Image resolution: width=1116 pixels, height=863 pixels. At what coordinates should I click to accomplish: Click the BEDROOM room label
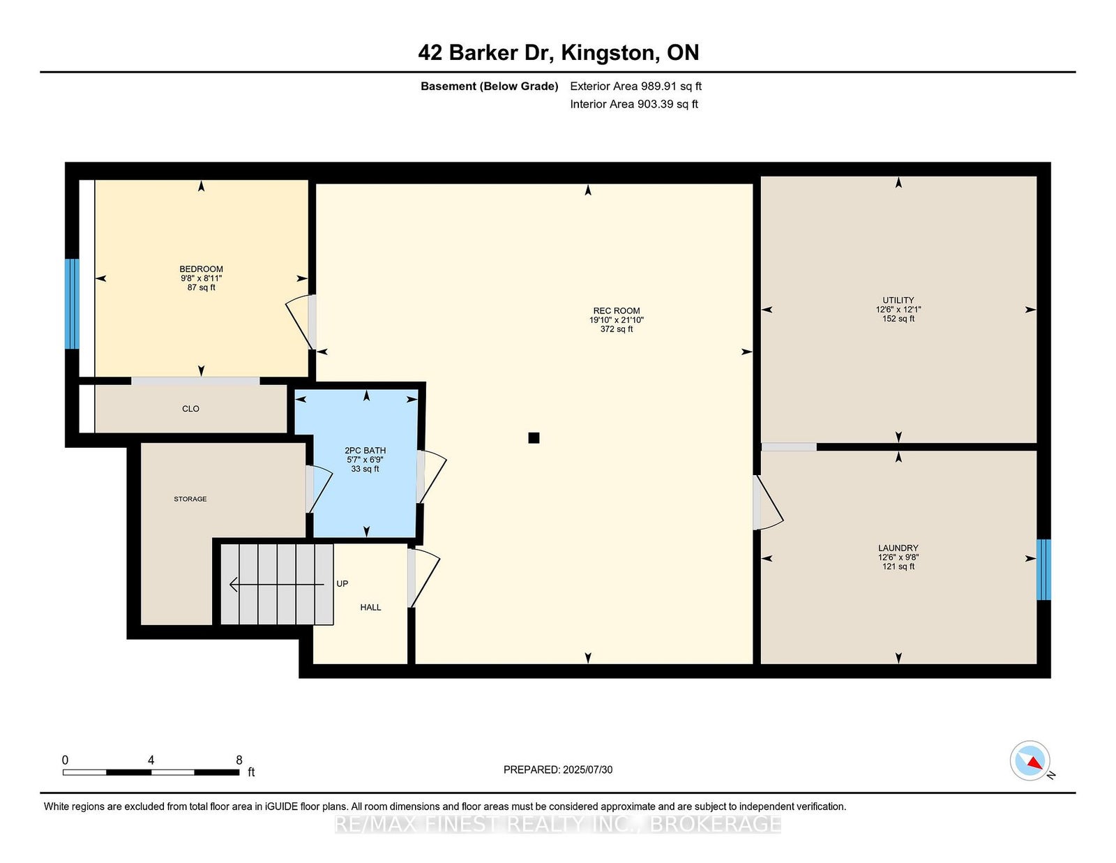point(201,269)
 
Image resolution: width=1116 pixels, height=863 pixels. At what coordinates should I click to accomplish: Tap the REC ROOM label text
point(617,310)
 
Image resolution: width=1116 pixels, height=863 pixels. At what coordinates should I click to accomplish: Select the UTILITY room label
point(898,300)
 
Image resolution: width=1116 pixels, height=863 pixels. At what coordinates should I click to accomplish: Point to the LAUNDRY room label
point(898,548)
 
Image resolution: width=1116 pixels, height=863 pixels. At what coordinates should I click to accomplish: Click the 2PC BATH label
point(365,451)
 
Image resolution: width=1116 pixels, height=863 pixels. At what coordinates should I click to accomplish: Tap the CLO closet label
point(190,409)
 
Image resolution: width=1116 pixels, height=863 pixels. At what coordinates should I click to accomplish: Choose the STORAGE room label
point(190,499)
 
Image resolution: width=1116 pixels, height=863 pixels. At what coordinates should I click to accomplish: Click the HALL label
point(370,607)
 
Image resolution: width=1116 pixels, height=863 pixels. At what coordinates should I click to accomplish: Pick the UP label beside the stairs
point(342,583)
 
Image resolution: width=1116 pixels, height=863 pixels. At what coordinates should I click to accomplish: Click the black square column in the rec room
point(534,437)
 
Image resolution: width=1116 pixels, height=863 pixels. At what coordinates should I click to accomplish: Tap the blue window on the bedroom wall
point(72,303)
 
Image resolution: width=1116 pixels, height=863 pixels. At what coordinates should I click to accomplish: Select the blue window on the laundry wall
point(1043,570)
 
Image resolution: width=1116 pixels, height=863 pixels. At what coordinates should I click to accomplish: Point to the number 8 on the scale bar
point(239,760)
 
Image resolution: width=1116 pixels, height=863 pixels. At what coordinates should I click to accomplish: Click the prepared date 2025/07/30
point(587,770)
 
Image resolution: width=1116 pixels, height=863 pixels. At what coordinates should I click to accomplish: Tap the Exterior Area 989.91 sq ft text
point(636,87)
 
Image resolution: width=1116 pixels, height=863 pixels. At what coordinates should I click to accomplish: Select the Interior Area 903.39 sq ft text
point(634,104)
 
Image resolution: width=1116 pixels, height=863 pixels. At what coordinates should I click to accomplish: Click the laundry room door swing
point(769,502)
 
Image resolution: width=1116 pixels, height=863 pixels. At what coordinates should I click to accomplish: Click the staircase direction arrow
point(277,585)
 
